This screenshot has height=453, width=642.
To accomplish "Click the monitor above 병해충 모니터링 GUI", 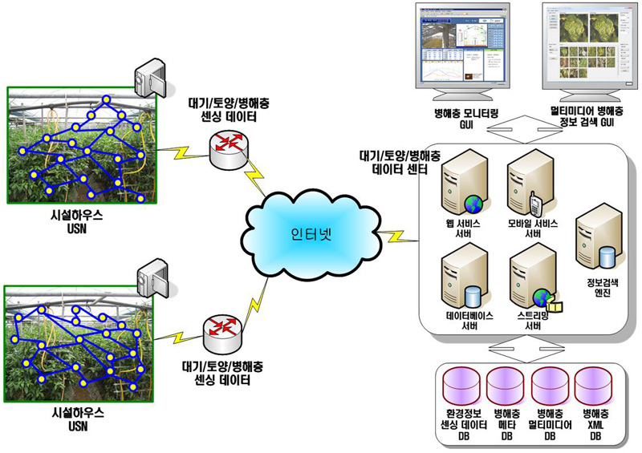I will [461, 52].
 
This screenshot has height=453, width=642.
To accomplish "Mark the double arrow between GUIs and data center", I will [522, 127].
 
